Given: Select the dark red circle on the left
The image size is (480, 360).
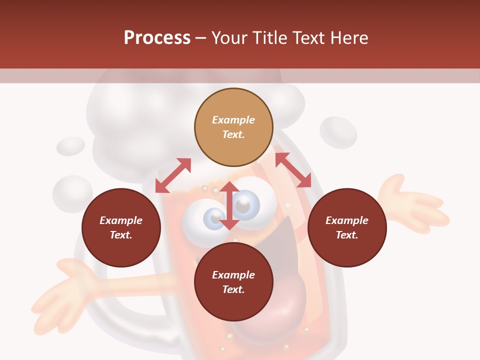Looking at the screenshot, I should tap(121, 227).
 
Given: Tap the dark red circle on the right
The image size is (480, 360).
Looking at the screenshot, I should tap(347, 227).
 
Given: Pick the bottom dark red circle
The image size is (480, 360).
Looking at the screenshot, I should tap(233, 282).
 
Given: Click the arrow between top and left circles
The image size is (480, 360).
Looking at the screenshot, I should tap(173, 175).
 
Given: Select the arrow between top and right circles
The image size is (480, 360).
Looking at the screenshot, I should tap(293, 170).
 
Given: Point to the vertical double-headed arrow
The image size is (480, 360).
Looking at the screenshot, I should tap(229, 205).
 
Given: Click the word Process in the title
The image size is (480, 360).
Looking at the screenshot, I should tap(157, 37).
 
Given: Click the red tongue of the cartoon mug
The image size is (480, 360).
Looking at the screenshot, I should tap(285, 305).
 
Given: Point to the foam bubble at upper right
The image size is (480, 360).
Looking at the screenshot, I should tap(338, 132).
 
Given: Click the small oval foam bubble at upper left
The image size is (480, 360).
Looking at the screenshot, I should tap(70, 146).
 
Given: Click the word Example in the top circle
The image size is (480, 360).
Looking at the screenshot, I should tap(233, 120).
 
